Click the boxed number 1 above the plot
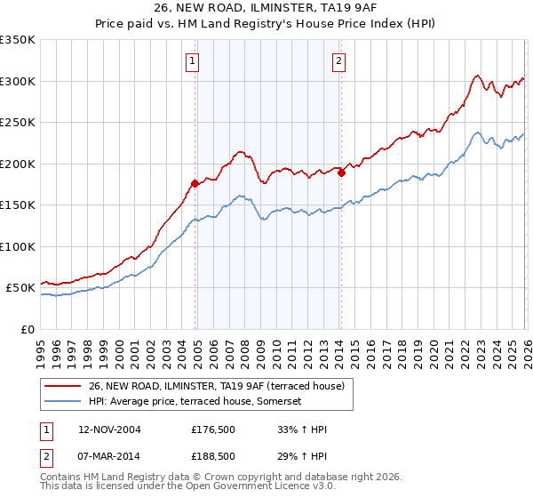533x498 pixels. click(x=193, y=61)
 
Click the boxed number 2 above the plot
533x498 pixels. click(x=338, y=61)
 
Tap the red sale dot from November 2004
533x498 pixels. click(x=195, y=183)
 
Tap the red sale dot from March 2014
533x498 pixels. click(x=341, y=173)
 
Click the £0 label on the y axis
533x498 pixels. click(x=27, y=330)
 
